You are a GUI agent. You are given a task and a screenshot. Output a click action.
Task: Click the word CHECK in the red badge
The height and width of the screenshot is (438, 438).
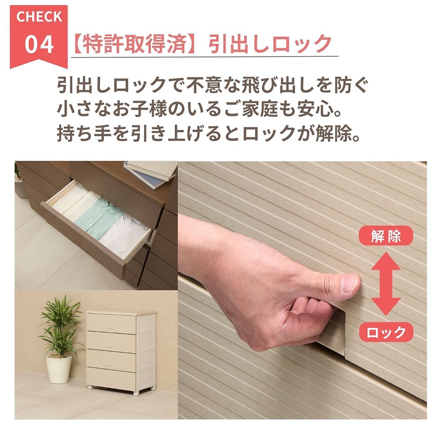pyautogui.click(x=39, y=17)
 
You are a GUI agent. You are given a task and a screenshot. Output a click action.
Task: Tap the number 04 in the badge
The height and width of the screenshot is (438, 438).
pyautogui.click(x=39, y=44)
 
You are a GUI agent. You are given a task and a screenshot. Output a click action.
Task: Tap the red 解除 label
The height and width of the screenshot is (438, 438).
pyautogui.click(x=386, y=236)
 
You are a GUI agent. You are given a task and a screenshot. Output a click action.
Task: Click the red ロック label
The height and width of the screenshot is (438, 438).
pyautogui.click(x=386, y=332)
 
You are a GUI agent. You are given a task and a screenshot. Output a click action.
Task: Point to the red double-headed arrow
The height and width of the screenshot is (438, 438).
pyautogui.click(x=386, y=284)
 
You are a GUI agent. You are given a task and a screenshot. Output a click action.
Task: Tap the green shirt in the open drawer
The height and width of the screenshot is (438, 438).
pyautogui.click(x=99, y=218)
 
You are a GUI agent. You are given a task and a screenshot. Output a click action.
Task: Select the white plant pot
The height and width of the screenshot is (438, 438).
pyautogui.click(x=59, y=369)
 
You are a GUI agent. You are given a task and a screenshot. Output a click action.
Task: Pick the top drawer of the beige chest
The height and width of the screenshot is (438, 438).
pyautogui.click(x=111, y=323)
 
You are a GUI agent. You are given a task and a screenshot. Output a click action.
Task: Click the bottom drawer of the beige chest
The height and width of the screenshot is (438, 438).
pyautogui.click(x=111, y=378)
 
